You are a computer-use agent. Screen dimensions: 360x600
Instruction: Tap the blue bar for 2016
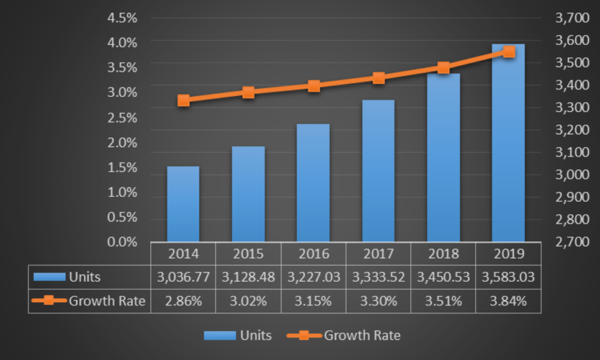(313, 182)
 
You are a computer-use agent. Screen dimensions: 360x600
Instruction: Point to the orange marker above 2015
(248, 92)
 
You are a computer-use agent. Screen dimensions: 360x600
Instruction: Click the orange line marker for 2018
(443, 68)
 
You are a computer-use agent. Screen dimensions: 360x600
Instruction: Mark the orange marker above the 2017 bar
(378, 78)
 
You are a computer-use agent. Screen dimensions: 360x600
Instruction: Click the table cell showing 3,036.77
(183, 277)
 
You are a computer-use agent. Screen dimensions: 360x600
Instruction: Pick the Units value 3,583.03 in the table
(508, 277)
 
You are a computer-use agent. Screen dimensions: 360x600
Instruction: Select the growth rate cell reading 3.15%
(313, 301)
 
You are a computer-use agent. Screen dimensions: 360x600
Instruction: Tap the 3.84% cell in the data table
(508, 301)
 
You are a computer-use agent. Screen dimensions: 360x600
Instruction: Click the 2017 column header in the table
(378, 254)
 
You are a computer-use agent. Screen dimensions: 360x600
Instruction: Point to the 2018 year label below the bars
(443, 254)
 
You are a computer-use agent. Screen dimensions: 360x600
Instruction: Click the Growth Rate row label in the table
(107, 301)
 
